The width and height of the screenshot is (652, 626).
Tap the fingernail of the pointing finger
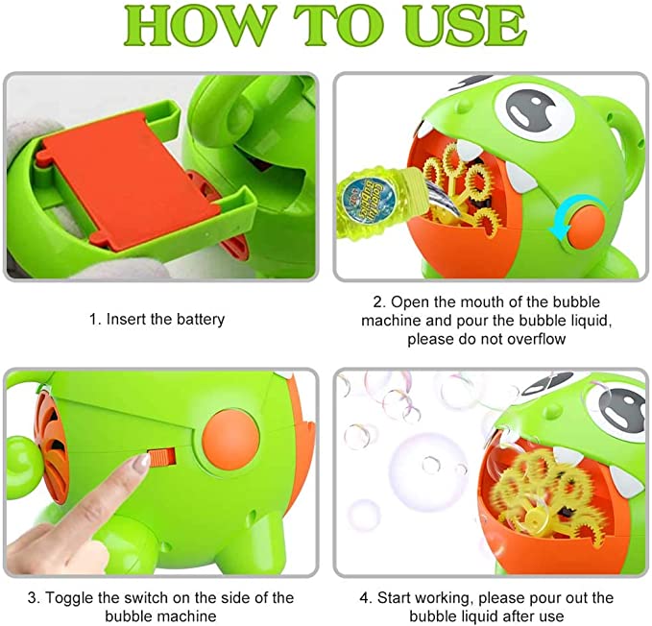pos(140,463)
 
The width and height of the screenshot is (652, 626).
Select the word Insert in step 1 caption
pos(127,319)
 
